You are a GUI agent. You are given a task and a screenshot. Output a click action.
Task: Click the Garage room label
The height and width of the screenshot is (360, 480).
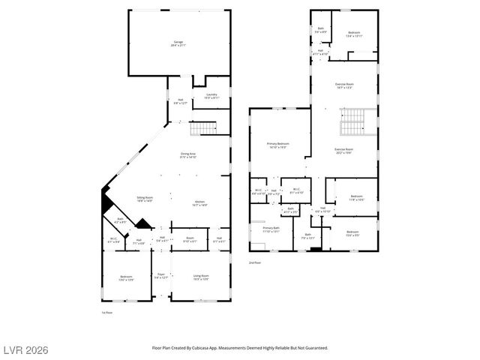pyautogui.click(x=178, y=43)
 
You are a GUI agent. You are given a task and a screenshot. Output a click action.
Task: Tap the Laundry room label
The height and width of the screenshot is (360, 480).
pyautogui.click(x=211, y=96)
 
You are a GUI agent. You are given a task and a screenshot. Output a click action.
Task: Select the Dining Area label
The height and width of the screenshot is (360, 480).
pyautogui.click(x=187, y=154)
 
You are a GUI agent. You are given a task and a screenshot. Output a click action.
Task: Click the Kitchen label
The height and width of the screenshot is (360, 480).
pyautogui.click(x=200, y=202)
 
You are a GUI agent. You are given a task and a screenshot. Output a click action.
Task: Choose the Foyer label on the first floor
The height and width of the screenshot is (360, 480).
pyautogui.click(x=160, y=275)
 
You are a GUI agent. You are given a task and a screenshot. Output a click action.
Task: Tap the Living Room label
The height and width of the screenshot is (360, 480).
pyautogui.click(x=201, y=277)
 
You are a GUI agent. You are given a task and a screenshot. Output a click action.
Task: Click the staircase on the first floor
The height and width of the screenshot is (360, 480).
pyautogui.click(x=203, y=129)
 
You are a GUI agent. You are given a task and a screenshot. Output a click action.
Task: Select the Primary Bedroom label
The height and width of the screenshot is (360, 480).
pyautogui.click(x=277, y=145)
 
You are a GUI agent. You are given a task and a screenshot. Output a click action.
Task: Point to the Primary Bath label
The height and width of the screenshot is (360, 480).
pyautogui.click(x=271, y=229)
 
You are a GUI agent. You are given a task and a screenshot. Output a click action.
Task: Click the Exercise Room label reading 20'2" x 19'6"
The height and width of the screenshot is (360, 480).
pyautogui.click(x=343, y=151)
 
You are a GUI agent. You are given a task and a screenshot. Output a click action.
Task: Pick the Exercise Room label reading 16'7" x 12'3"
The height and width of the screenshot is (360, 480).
pyautogui.click(x=343, y=85)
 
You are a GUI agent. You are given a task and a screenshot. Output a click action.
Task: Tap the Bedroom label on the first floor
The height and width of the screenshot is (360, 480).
pyautogui.click(x=126, y=277)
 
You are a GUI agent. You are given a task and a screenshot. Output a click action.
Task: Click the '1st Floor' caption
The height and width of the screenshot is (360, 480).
pyautogui.click(x=106, y=312)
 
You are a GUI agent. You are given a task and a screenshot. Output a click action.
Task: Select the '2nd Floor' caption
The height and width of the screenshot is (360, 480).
pyautogui.click(x=256, y=263)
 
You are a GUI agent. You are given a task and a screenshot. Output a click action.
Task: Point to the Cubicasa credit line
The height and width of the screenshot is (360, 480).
pyautogui.click(x=240, y=348)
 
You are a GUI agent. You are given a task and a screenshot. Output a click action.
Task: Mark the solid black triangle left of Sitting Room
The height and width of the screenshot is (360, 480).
pyautogui.click(x=106, y=202)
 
